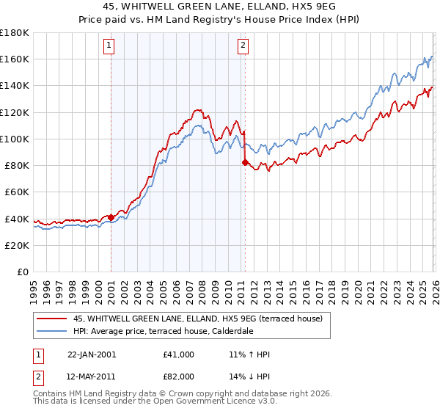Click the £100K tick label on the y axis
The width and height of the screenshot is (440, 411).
click(x=14, y=139)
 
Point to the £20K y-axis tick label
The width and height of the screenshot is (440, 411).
click(x=16, y=245)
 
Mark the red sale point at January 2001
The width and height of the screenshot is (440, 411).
click(x=111, y=217)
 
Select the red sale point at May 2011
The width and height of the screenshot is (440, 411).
click(x=245, y=163)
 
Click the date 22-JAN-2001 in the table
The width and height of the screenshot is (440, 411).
click(x=92, y=354)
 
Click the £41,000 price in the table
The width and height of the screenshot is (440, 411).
click(x=179, y=354)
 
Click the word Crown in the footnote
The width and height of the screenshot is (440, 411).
click(x=164, y=395)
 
